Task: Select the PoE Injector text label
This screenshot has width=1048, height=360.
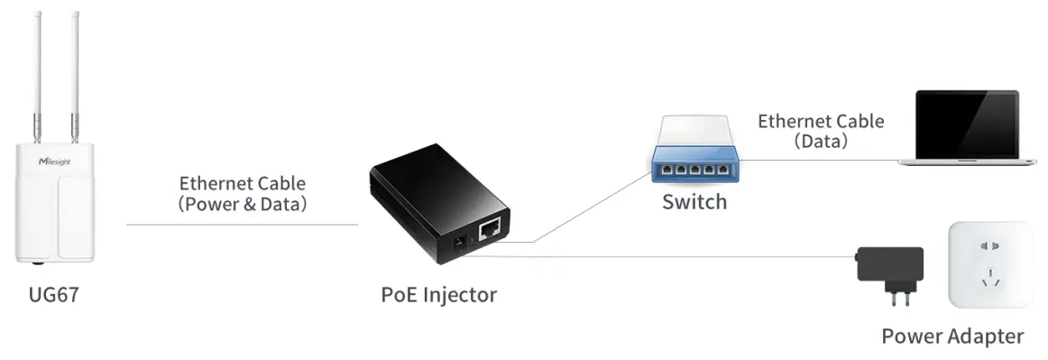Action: (x=438, y=294)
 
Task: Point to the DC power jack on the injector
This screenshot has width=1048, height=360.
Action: (x=457, y=243)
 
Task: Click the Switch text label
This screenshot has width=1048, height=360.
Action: (x=694, y=201)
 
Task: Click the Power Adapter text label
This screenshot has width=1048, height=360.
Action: (x=952, y=337)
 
